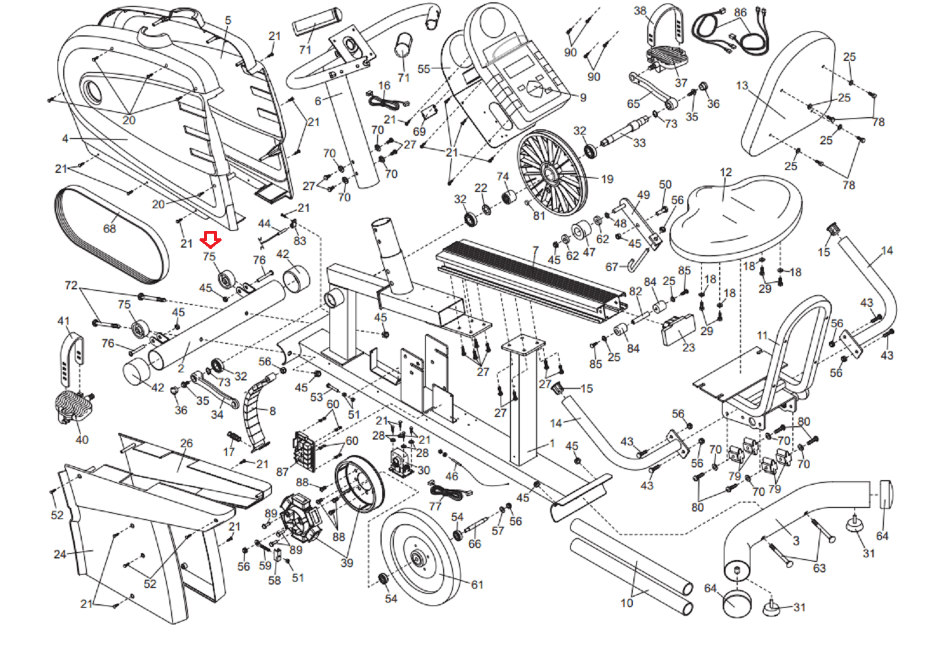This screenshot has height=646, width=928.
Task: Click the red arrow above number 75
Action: point(210,239)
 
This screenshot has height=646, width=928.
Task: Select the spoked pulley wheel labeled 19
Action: point(552,172)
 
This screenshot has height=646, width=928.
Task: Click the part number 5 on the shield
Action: point(228,21)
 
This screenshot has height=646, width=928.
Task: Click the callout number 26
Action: point(186,443)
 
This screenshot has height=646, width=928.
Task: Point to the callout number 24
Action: point(60,554)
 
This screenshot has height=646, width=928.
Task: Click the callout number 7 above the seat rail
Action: point(535,251)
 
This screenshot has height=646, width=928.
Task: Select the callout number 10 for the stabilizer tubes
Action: point(627,603)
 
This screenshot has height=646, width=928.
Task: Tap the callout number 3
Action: point(796,540)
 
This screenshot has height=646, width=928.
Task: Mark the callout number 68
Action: point(110,228)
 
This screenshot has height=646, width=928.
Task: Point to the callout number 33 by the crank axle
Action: point(639,143)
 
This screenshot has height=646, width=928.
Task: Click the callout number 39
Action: point(347,562)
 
